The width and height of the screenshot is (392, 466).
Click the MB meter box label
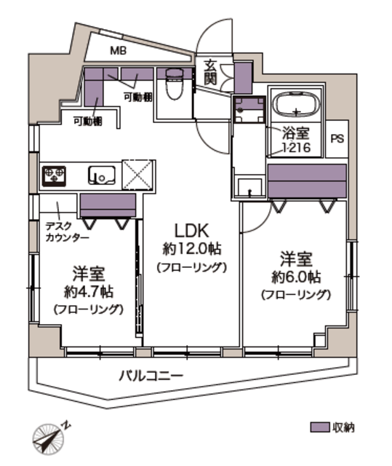(x=119, y=50)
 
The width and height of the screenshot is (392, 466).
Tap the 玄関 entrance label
(x=210, y=72)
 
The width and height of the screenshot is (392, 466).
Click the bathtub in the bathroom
(x=297, y=105)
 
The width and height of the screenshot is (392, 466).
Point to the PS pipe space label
(x=337, y=139)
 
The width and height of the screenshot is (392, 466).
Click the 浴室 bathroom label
(x=295, y=133)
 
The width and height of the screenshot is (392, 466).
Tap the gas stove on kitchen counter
(x=54, y=176)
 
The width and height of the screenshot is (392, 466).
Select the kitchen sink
(x=102, y=175)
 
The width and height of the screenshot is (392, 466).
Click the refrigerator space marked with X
(x=138, y=175)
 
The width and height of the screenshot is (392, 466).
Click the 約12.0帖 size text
(x=192, y=249)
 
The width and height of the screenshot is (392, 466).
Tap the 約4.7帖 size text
(x=89, y=292)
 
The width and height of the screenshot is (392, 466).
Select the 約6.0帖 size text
(x=296, y=277)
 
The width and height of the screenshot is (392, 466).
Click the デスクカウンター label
(x=67, y=232)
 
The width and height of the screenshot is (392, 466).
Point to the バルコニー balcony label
(x=151, y=376)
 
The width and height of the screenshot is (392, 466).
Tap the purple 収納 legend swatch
(x=319, y=427)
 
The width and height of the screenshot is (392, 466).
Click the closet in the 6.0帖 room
(x=307, y=181)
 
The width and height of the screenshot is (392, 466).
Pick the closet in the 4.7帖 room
(x=108, y=205)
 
